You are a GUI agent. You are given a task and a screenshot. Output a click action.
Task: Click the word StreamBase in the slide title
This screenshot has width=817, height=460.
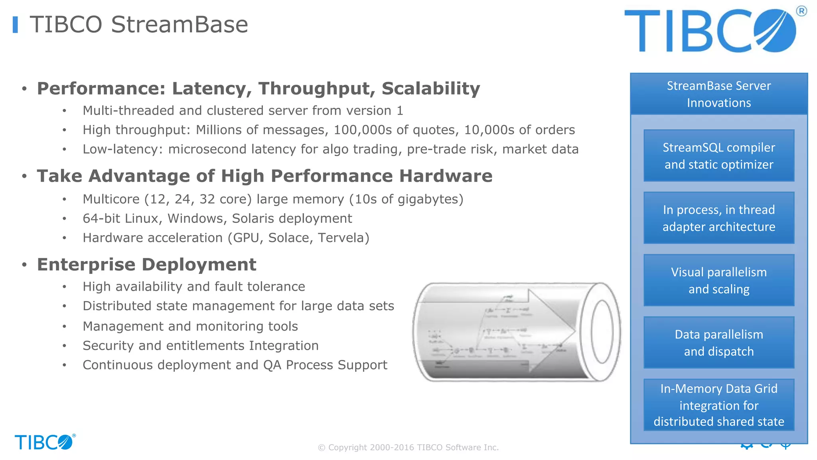coord(179,25)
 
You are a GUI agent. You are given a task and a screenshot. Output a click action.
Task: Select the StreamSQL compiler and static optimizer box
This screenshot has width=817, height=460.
coord(719,156)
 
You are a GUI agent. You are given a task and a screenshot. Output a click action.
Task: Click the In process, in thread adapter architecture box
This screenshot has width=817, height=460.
coord(719,218)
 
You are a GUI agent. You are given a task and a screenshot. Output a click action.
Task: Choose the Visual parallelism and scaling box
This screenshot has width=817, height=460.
coord(719,280)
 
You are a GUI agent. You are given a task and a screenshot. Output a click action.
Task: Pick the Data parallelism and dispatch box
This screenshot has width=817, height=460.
coord(719,343)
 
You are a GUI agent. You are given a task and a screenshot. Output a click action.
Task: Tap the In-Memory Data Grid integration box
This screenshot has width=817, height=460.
coord(719,405)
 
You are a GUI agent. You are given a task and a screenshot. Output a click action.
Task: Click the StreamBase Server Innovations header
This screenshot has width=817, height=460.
coord(719,94)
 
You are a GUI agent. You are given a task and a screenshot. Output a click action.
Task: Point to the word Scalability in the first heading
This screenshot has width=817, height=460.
coord(430,89)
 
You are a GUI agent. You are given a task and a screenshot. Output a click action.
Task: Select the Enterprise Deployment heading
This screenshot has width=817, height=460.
coord(146,265)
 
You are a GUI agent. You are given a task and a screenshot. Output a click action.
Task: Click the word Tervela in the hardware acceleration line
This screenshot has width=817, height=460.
coord(343,238)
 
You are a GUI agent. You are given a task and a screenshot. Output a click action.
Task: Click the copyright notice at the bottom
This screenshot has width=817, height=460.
coord(408,448)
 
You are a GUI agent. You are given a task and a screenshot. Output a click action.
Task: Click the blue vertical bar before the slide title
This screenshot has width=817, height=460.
coord(15,25)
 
